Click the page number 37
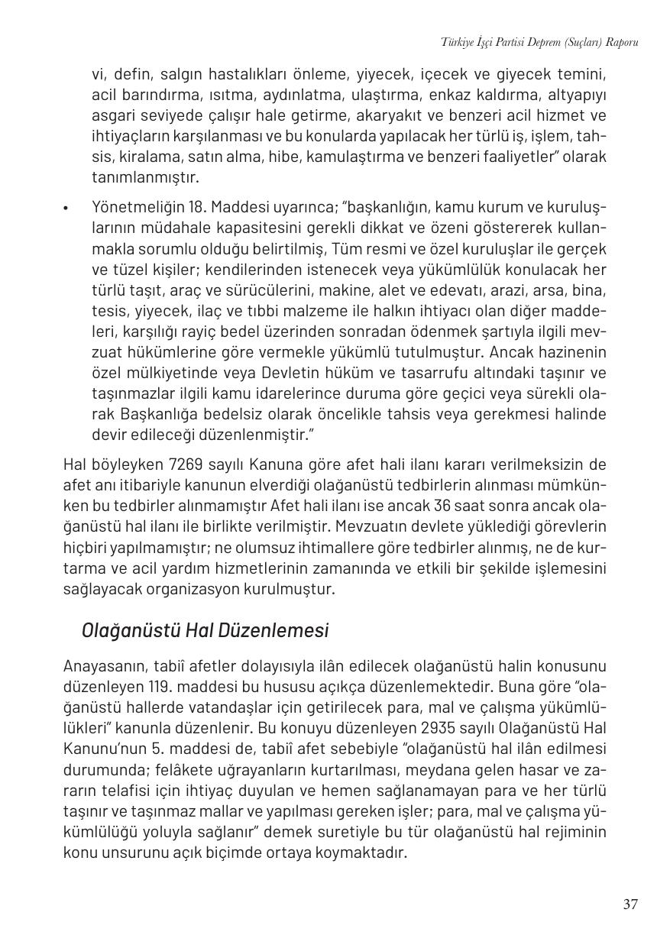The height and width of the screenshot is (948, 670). [630, 904]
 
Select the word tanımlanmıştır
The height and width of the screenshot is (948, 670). [145, 178]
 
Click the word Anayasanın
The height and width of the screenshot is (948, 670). [99, 665]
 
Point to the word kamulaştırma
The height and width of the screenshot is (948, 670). [372, 157]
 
